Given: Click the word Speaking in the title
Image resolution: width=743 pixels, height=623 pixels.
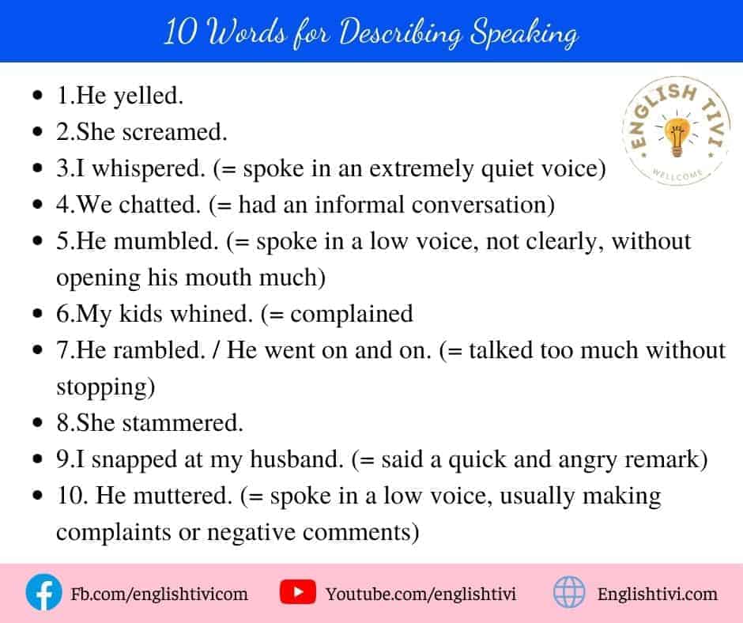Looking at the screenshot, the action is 524,33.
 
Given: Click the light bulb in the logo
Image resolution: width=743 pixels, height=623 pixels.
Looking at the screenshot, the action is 676,137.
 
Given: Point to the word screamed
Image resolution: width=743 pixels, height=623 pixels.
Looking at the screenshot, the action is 175,132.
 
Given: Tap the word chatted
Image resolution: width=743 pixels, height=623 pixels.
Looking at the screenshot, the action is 160,205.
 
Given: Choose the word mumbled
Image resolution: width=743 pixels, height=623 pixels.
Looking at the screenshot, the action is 166,241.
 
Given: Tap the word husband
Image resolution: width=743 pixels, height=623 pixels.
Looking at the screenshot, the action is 296,459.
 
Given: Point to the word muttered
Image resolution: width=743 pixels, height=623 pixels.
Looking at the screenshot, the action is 183,496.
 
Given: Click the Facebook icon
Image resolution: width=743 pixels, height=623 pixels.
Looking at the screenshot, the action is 43,592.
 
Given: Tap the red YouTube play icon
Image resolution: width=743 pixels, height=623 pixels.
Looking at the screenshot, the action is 297,592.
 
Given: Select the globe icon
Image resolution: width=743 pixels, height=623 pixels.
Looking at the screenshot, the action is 569,592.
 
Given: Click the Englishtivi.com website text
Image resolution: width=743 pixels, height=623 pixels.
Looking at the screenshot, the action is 657,594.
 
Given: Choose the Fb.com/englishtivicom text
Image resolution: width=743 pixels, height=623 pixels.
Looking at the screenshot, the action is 159,594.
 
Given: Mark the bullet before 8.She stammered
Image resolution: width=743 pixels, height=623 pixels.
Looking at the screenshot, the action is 38,422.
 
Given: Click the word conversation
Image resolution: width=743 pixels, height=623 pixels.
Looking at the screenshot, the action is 483,205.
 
